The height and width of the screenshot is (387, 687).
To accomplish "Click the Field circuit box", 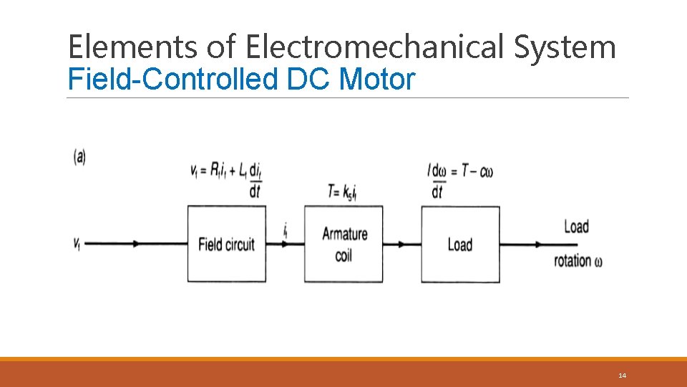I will point(226,244).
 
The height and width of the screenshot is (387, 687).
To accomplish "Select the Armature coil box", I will point(343,244).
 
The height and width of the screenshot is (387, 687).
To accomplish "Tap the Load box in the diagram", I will point(460,244).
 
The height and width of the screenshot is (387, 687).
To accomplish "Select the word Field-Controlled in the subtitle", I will point(172,79).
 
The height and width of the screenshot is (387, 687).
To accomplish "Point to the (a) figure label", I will point(79,157).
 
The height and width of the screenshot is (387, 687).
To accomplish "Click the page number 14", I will point(622,376).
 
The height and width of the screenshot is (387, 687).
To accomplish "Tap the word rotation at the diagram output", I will point(572,261).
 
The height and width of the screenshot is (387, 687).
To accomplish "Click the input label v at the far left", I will point(77,244).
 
